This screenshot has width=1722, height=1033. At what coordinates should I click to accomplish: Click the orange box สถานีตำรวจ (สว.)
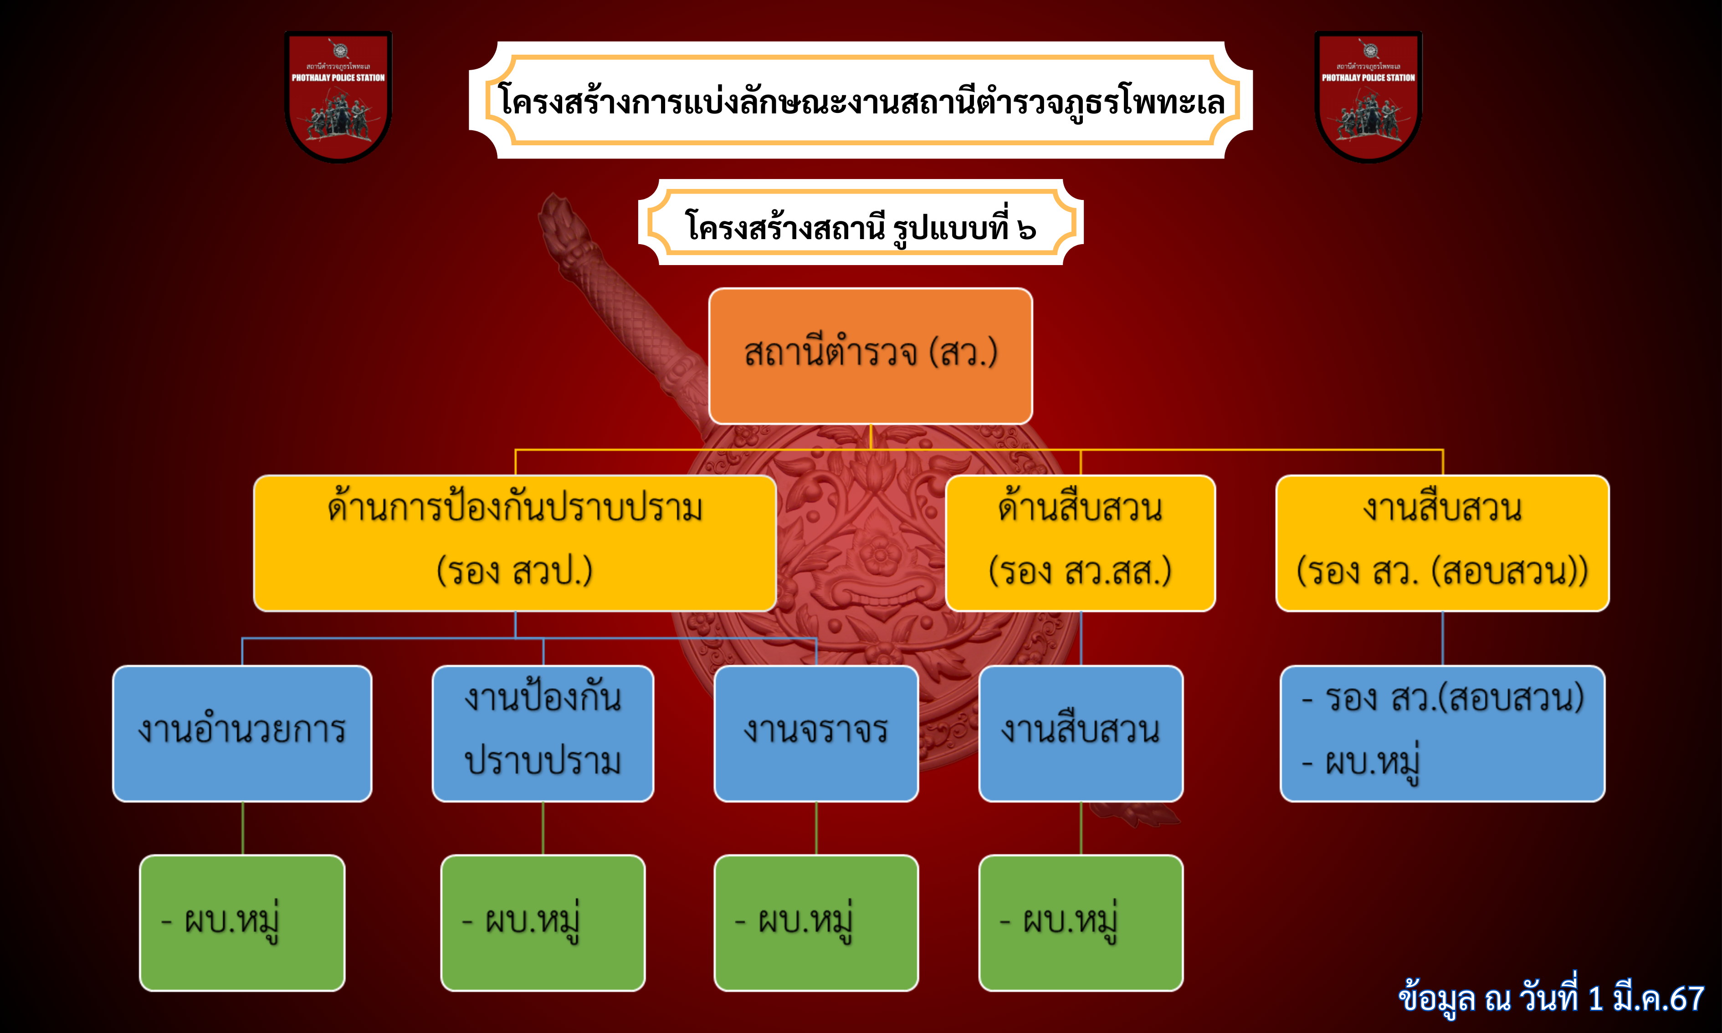tap(870, 356)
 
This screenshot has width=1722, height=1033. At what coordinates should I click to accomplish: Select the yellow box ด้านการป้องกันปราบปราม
tap(515, 543)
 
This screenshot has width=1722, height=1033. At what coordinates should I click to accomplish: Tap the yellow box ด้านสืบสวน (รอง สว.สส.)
tap(1080, 543)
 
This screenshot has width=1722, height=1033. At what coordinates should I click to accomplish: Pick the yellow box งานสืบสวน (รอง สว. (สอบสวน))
tap(1442, 543)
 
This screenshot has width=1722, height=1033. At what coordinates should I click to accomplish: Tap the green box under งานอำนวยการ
tap(242, 922)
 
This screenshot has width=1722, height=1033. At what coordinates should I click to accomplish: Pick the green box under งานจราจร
tap(816, 922)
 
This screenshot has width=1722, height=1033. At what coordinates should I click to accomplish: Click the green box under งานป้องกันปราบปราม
tap(543, 922)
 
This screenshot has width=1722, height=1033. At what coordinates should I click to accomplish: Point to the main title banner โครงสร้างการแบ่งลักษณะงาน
tap(861, 100)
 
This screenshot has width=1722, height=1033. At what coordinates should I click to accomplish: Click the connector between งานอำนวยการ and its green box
tap(242, 828)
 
